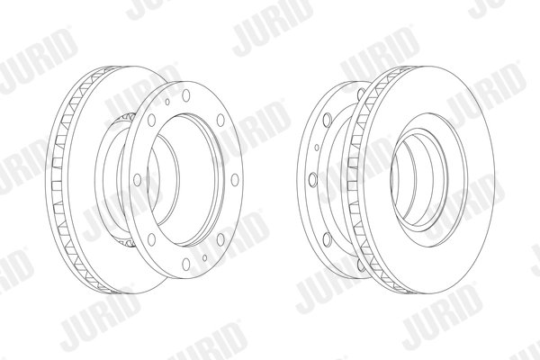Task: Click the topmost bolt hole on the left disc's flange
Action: click(186, 95)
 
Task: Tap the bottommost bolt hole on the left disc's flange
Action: click(186, 265)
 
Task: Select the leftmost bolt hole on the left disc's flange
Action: click(138, 180)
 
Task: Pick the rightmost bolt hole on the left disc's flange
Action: click(235, 180)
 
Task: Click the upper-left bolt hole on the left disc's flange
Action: click(151, 120)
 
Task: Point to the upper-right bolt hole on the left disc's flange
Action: click(220, 120)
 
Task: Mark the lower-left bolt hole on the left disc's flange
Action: click(151, 239)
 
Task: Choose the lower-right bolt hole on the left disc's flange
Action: click(220, 239)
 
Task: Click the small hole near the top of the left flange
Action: click(167, 102)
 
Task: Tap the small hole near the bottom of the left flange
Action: click(205, 257)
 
